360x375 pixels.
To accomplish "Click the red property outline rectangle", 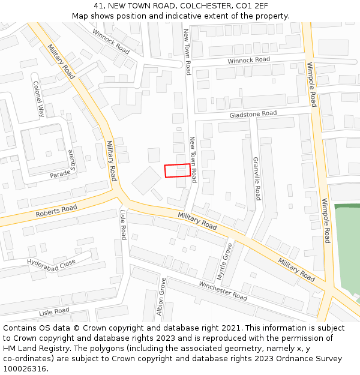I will coord(178,170).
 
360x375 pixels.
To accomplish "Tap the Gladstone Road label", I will coord(253,113).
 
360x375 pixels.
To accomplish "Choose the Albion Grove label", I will coord(161,296).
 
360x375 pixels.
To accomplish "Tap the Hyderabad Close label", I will coord(51,263).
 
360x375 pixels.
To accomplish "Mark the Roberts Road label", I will coord(56,211).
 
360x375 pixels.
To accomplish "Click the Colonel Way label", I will coord(38,98).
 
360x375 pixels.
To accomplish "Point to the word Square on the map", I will coord(73,160).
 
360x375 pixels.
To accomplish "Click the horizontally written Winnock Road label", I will coord(248,60).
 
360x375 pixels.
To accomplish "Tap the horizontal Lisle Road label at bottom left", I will coord(54,311).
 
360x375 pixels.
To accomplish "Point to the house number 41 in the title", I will coord(98,6).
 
